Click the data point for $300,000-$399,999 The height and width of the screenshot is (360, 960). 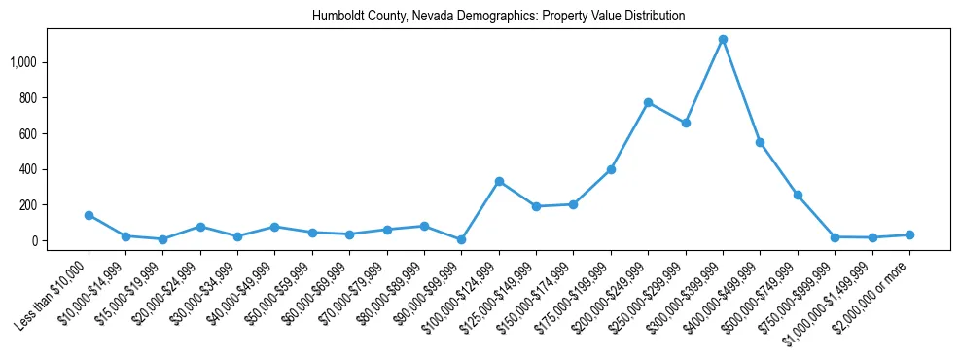click(723, 40)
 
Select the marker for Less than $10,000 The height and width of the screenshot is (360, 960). click(89, 215)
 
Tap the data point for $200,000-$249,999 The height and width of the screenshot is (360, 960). click(648, 102)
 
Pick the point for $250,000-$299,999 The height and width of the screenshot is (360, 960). click(686, 124)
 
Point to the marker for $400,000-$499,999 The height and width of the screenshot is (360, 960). click(760, 142)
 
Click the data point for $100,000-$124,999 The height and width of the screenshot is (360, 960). click(499, 181)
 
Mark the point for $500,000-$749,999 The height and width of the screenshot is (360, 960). click(798, 195)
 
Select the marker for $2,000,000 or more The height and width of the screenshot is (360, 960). click(909, 234)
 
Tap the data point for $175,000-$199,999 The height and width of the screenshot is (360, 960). click(611, 169)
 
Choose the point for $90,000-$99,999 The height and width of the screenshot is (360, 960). click(461, 239)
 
